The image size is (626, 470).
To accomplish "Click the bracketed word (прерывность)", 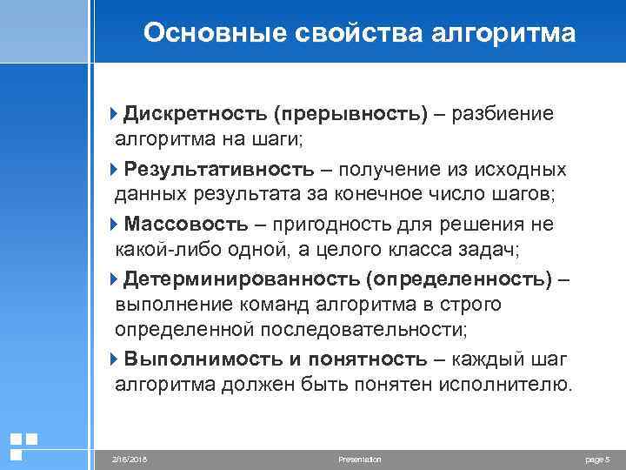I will [x=349, y=115].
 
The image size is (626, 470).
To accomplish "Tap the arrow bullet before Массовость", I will [x=117, y=224].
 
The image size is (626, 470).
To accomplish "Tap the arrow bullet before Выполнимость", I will [x=117, y=359].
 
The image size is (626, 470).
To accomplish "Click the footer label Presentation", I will [x=359, y=459].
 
